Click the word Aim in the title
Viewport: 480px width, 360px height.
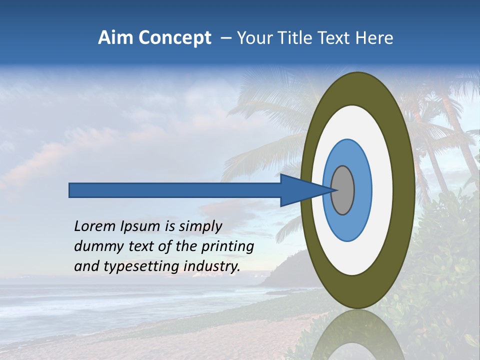115,38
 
